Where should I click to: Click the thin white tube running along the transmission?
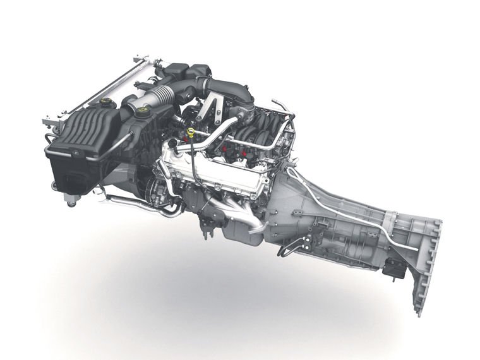(x=354, y=208)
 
